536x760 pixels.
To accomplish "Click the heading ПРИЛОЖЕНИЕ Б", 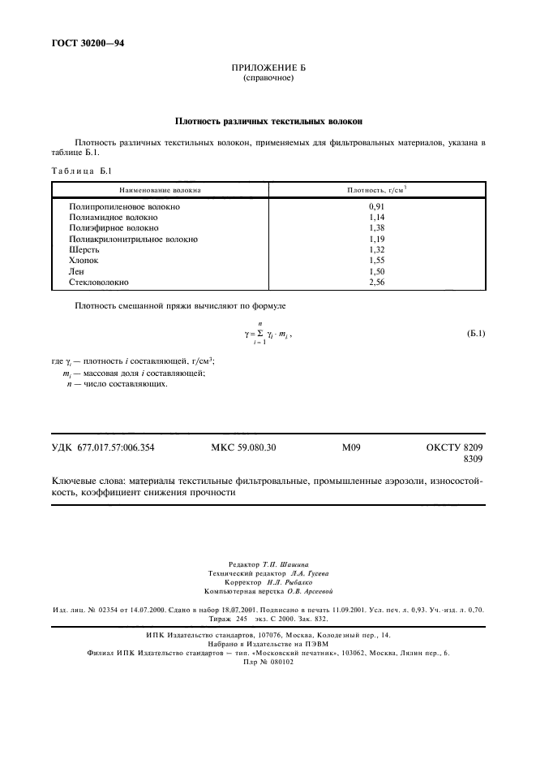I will click(268, 70).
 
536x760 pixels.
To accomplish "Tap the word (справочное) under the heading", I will click(268, 79).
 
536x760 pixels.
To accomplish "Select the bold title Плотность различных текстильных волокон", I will click(268, 121).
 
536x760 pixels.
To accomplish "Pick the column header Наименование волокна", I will click(160, 190).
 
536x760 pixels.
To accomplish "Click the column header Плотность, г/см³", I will click(375, 190).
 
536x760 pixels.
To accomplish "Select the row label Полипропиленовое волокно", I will click(125, 207).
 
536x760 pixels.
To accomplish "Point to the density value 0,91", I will click(375, 207).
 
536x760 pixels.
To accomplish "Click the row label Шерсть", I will click(84, 250).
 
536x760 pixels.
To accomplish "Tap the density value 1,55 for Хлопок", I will click(375, 261).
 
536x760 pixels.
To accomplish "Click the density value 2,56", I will click(375, 282).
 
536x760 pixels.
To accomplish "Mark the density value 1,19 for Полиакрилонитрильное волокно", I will click(375, 240).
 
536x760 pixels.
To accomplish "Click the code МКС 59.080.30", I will click(243, 447).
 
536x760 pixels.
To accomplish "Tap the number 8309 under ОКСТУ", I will click(473, 460).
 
